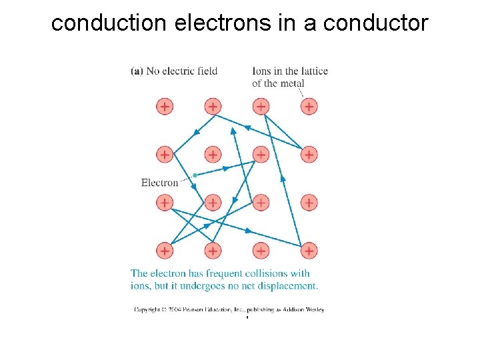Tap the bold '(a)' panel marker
pyautogui.click(x=137, y=71)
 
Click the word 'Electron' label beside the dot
pyautogui.click(x=159, y=183)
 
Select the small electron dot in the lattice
pyautogui.click(x=194, y=175)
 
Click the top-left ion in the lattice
pyautogui.click(x=164, y=106)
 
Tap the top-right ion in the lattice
pyautogui.click(x=308, y=106)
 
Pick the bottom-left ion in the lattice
pyautogui.click(x=164, y=251)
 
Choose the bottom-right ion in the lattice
pyautogui.click(x=308, y=251)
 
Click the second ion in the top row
pyautogui.click(x=212, y=106)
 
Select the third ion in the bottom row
pyautogui.click(x=260, y=251)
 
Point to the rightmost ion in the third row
pyautogui.click(x=308, y=202)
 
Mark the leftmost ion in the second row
pyautogui.click(x=164, y=155)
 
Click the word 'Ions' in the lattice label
pyautogui.click(x=261, y=71)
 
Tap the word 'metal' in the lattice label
pyautogui.click(x=292, y=83)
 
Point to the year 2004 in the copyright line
pyautogui.click(x=174, y=310)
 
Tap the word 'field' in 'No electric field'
pyautogui.click(x=206, y=71)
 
